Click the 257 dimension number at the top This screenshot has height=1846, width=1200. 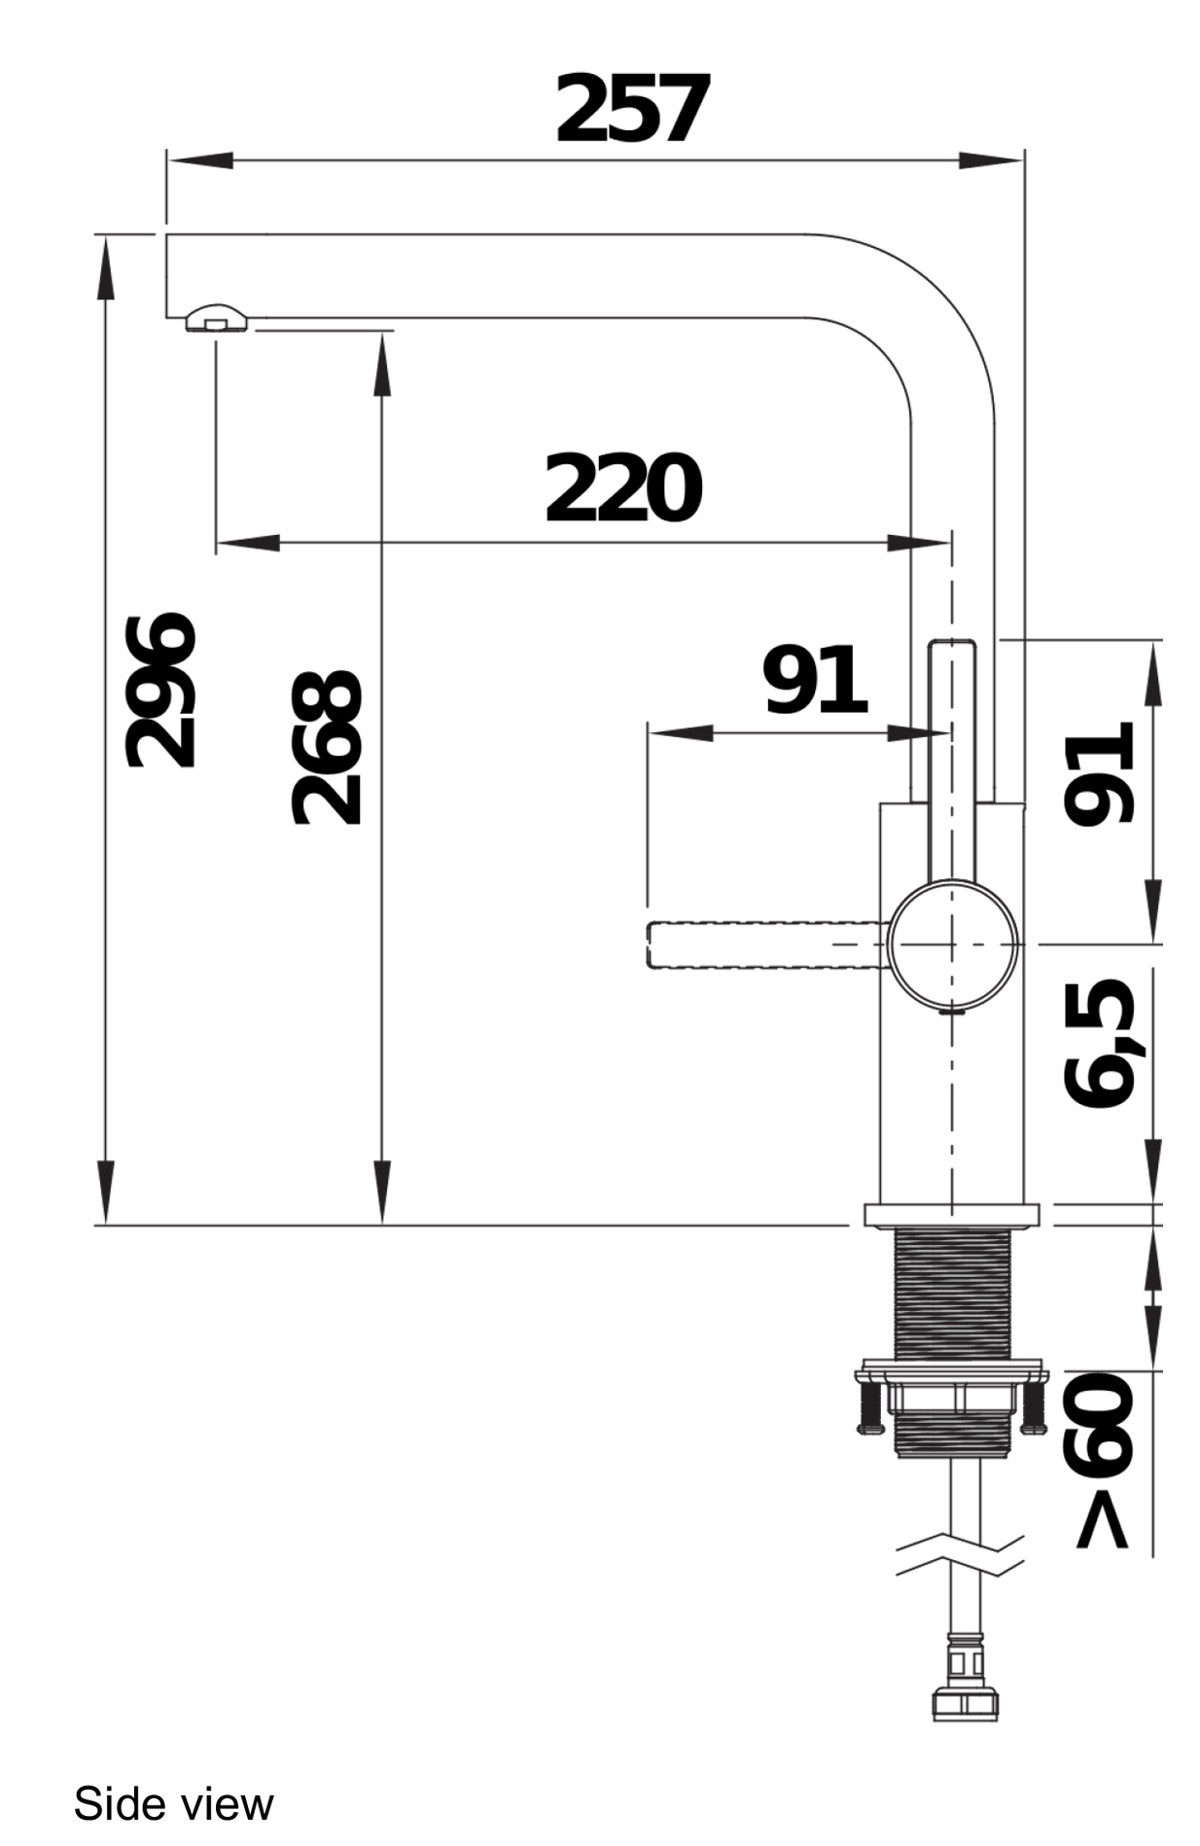tap(630, 109)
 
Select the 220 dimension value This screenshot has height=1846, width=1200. tap(622, 488)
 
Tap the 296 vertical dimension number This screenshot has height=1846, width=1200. tap(161, 690)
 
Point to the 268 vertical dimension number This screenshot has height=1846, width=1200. tap(328, 747)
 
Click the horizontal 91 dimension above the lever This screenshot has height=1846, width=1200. tap(814, 680)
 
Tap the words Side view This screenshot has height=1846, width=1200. tap(173, 1804)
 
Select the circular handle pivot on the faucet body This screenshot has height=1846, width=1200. tap(953, 943)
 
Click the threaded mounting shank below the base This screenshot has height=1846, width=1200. tap(952, 1294)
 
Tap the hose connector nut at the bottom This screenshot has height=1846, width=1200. tap(965, 1702)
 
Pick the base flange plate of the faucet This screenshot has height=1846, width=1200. tap(951, 1214)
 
